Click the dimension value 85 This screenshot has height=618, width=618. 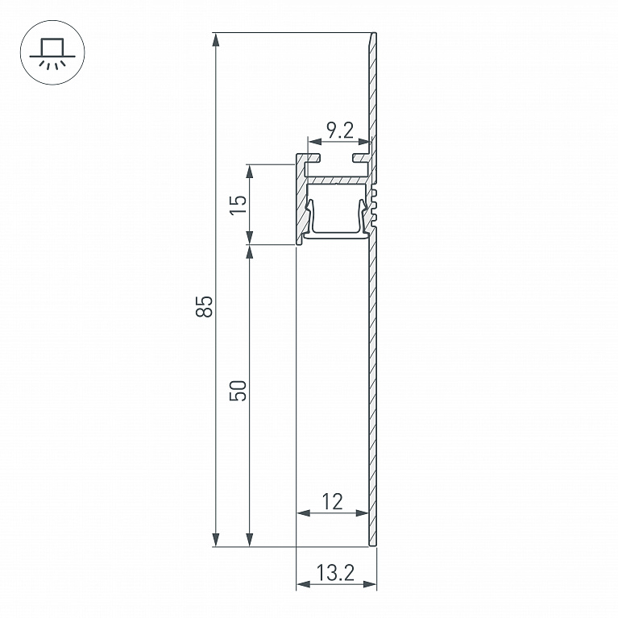point(204,306)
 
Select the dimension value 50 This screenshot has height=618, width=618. point(238,391)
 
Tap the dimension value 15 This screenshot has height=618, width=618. point(238,205)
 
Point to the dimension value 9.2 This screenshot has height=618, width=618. point(340,130)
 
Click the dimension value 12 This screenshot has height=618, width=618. point(332,502)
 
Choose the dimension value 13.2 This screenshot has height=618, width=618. point(335,573)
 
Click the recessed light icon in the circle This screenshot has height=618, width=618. point(52,53)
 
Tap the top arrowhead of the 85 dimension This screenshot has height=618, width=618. point(216,39)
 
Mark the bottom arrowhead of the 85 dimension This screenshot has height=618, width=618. point(216,539)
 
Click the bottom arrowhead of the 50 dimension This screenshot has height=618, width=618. point(249,539)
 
